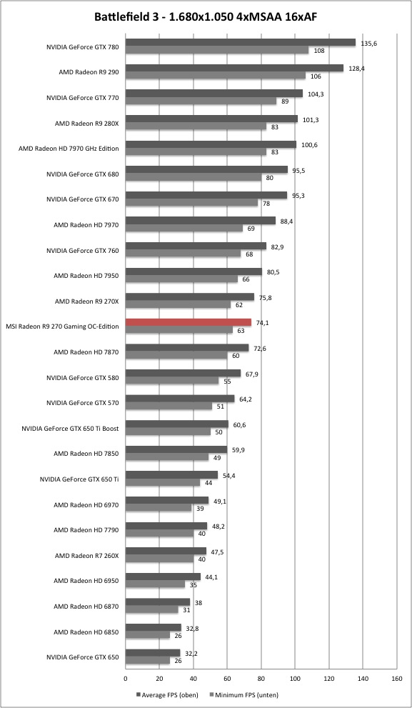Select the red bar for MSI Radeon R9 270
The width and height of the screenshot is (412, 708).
click(x=189, y=322)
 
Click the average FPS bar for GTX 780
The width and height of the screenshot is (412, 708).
click(x=241, y=42)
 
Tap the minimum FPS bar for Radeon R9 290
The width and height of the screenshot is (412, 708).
click(x=215, y=76)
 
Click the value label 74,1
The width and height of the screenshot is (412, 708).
click(x=262, y=323)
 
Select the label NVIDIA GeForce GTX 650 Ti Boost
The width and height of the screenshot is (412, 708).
click(x=70, y=428)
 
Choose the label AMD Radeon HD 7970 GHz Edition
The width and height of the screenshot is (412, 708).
click(x=69, y=148)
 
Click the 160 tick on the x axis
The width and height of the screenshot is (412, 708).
click(x=397, y=678)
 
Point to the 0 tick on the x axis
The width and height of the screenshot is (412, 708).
click(x=126, y=678)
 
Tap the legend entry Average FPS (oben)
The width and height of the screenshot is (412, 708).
click(x=166, y=695)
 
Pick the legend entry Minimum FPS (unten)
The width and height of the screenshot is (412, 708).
click(x=244, y=695)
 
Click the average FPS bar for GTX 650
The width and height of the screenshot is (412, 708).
click(x=153, y=653)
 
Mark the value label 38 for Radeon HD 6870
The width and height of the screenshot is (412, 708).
click(x=199, y=603)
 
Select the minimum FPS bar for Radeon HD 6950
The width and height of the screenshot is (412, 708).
click(x=155, y=584)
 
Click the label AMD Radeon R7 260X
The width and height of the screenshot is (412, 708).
click(x=86, y=555)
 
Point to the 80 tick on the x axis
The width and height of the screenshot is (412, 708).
click(x=261, y=678)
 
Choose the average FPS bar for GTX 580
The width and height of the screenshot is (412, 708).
click(x=183, y=374)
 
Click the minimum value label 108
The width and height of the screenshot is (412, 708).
click(x=319, y=51)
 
